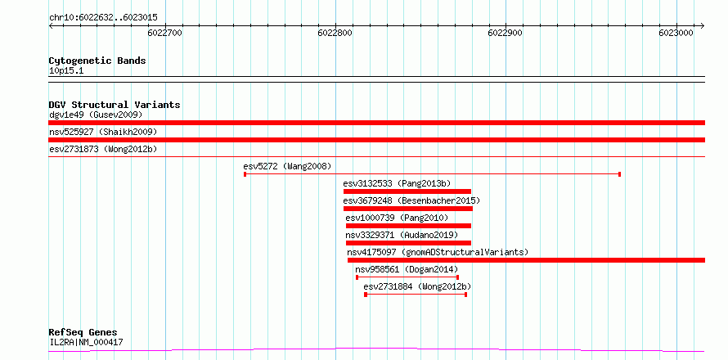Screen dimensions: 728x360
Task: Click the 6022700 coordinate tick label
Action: pos(164,33)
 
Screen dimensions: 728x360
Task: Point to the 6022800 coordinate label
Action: pos(335,33)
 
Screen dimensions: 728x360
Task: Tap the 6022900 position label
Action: pos(506,33)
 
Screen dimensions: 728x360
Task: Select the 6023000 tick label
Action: pos(676,33)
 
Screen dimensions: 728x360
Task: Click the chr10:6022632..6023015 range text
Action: pos(103,18)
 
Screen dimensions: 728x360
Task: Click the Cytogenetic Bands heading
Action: pos(97,61)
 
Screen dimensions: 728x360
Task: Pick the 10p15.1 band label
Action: pos(66,71)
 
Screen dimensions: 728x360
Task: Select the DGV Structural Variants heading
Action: pos(115,105)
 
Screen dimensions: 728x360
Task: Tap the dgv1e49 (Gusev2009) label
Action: pos(96,115)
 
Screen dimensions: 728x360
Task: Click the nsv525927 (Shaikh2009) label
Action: pos(103,133)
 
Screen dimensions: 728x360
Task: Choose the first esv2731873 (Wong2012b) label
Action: pos(103,150)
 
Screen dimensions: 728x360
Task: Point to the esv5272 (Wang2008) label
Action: pos(287,166)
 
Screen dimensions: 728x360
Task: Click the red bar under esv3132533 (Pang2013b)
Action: pos(407,191)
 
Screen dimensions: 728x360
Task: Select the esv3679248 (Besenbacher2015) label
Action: pos(411,201)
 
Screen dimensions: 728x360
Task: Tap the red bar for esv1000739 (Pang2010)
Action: pos(408,226)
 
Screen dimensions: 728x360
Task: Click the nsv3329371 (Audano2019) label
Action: pos(402,235)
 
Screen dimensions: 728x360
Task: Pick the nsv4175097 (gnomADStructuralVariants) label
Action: pos(438,253)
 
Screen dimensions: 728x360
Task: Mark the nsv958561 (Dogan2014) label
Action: pos(407,269)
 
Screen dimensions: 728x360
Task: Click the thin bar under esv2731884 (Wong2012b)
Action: pos(416,295)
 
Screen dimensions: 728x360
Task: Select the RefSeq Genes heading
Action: pos(83,333)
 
